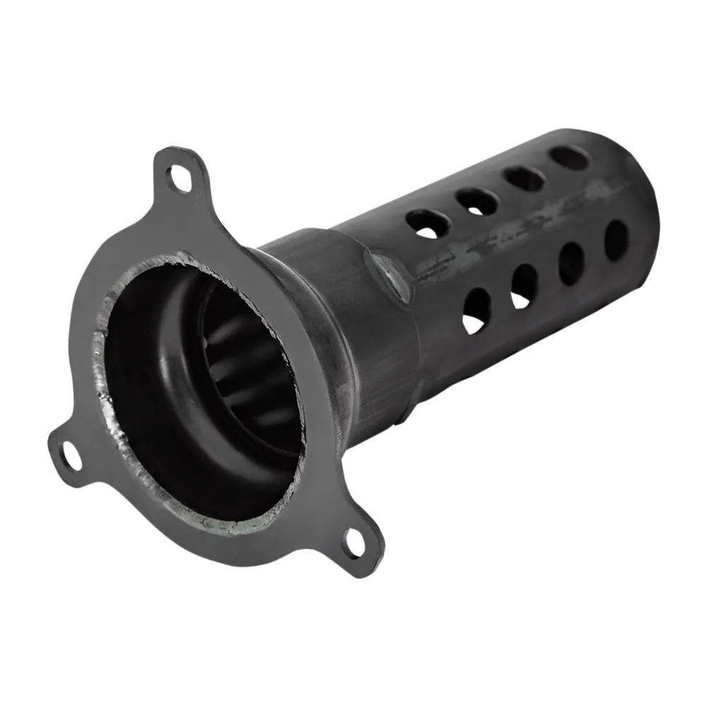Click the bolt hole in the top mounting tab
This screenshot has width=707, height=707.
point(180,177)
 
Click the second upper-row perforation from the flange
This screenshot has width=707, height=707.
point(477,202)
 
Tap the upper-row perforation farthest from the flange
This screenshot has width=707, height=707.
point(569,158)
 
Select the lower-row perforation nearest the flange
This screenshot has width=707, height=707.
point(477,310)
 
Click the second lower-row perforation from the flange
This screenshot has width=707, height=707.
point(524,286)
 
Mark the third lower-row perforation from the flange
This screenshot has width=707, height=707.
point(571,262)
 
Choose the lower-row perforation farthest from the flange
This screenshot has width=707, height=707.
point(616,240)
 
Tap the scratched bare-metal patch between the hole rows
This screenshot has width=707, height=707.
point(495,240)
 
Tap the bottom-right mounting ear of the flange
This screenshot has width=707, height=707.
point(357,541)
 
